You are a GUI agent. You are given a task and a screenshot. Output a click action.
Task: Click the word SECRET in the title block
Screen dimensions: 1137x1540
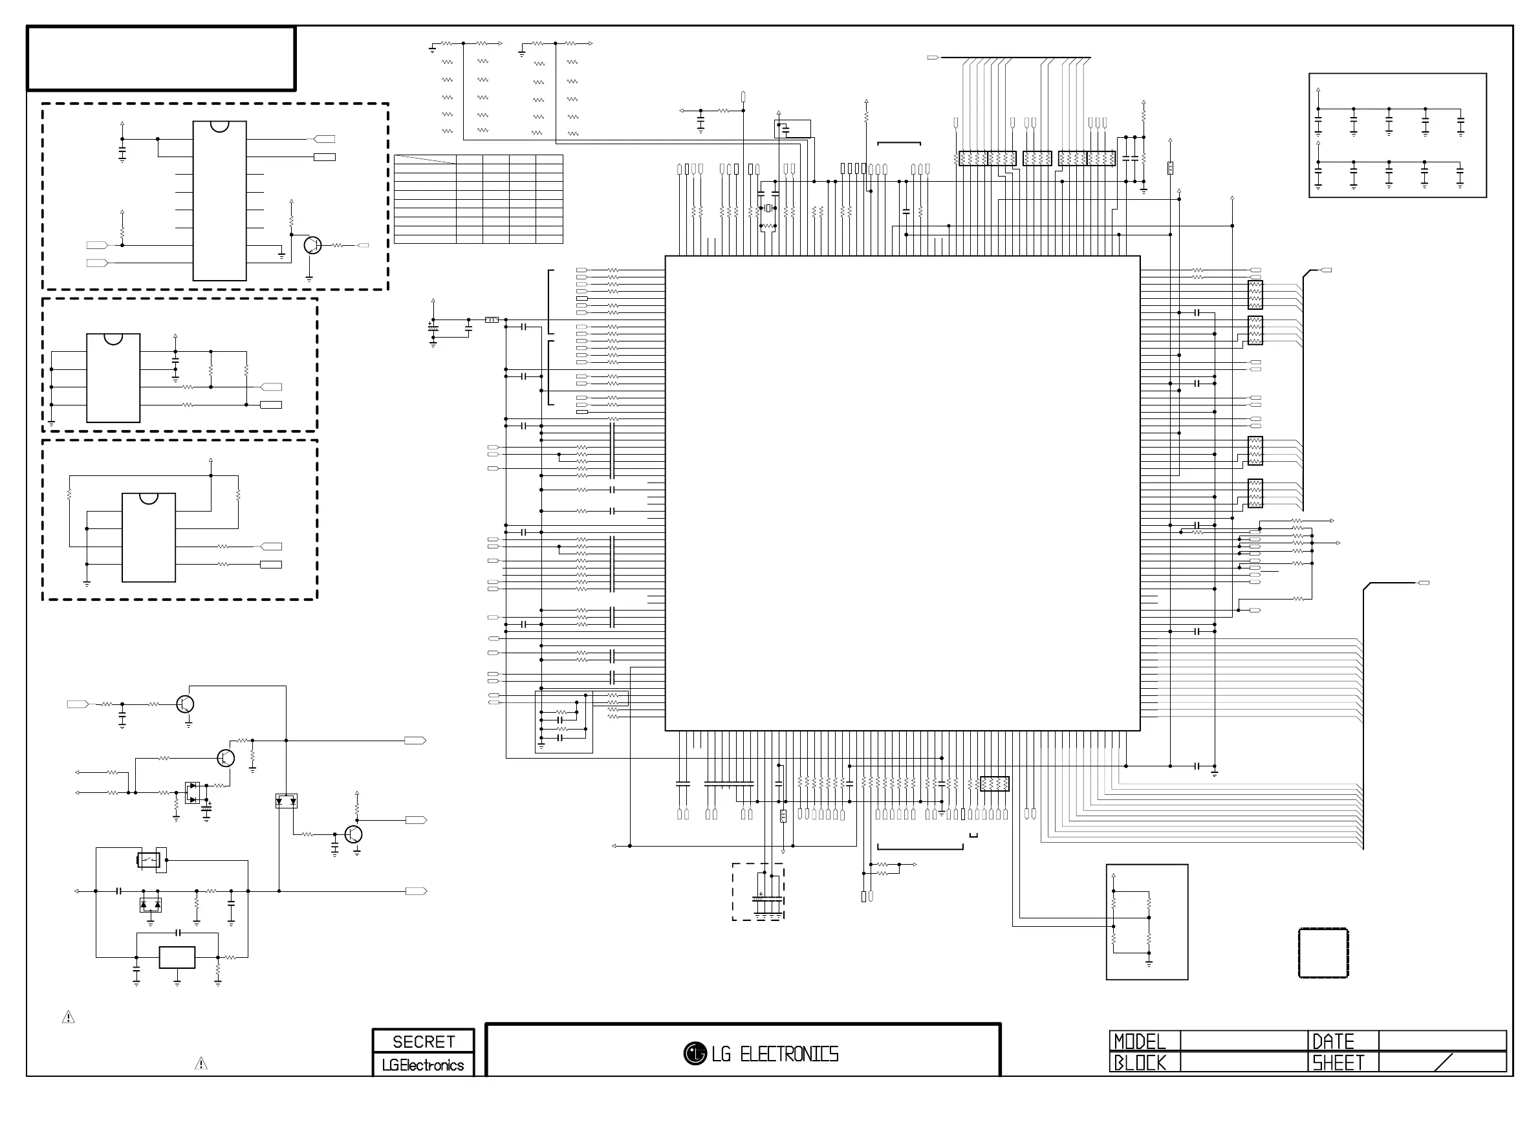423,1041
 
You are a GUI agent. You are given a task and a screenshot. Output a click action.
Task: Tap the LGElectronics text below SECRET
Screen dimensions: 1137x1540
423,1065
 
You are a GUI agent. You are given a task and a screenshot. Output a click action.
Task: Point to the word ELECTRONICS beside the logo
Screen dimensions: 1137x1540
789,1054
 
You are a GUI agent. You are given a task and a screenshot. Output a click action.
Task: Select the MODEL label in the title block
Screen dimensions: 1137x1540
1140,1041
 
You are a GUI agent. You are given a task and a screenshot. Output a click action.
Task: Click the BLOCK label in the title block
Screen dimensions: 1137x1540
1140,1063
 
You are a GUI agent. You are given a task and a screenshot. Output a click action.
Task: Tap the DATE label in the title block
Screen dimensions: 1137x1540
1333,1041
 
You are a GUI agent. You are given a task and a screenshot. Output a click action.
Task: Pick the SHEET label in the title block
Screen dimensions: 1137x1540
1338,1063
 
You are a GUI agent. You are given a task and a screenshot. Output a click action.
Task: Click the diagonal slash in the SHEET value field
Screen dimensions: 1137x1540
1444,1063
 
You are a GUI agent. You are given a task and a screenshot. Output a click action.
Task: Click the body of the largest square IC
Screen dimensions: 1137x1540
902,493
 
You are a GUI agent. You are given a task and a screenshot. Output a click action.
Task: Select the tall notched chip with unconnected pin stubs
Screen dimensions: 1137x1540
219,201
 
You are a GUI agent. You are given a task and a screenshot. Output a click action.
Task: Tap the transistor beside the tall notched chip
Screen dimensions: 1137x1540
312,245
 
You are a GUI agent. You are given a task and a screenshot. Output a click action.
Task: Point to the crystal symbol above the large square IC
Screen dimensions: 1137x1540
768,208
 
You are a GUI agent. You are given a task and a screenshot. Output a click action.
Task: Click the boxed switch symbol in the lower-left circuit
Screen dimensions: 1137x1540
149,860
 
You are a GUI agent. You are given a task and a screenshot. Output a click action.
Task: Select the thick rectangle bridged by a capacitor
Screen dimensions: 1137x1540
177,957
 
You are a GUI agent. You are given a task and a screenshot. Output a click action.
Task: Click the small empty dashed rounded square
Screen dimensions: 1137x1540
1323,953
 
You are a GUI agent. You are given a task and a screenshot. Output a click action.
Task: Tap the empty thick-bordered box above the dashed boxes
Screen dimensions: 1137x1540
161,58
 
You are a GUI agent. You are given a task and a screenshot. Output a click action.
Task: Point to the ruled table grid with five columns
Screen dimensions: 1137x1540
478,199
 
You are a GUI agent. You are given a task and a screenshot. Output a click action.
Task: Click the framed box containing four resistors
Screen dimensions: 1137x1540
1146,922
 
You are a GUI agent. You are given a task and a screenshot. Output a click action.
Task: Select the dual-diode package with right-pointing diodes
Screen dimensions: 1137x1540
193,793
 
